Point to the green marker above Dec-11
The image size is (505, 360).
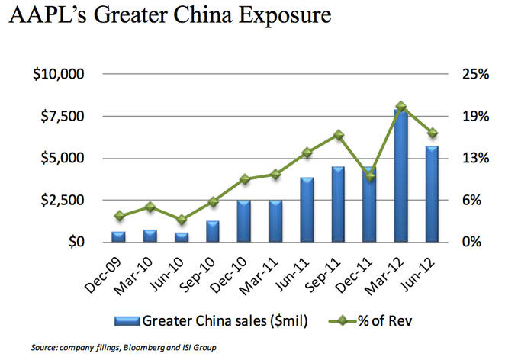370,176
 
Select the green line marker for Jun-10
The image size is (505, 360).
182,220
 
